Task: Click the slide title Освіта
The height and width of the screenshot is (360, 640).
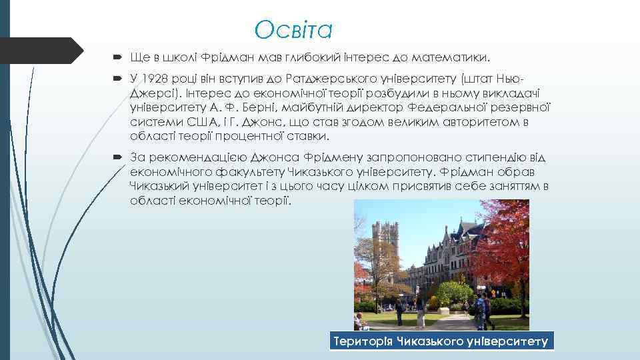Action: tap(293, 29)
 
